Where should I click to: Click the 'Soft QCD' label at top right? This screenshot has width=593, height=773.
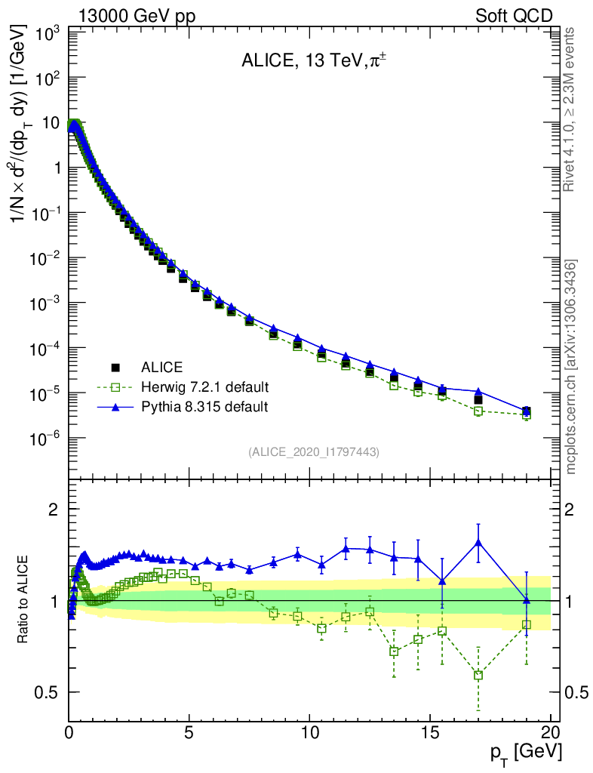514,16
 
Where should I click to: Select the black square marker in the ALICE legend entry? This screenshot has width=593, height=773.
116,368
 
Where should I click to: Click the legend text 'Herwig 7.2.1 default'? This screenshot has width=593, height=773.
205,387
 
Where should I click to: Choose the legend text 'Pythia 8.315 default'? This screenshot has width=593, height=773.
204,407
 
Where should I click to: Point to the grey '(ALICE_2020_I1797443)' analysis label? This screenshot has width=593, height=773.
313,451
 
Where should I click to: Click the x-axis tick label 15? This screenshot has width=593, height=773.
429,733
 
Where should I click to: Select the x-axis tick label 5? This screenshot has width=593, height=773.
189,733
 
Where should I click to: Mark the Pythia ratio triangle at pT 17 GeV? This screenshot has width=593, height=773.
478,542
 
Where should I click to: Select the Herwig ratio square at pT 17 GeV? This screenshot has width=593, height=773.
478,675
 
